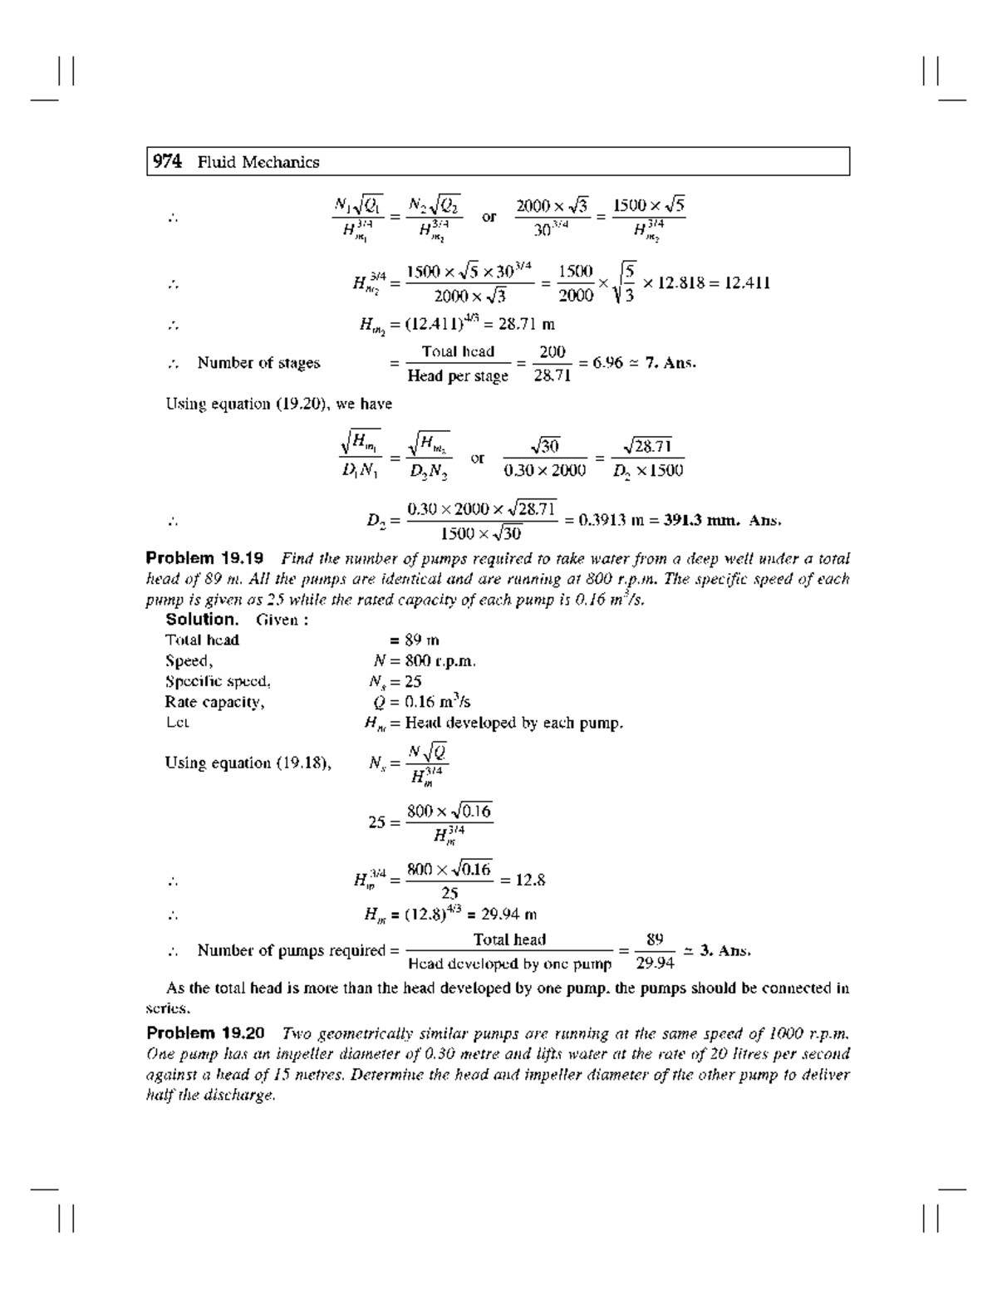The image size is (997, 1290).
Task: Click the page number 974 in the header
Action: pyautogui.click(x=166, y=162)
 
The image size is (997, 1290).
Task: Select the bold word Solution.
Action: pyautogui.click(x=202, y=620)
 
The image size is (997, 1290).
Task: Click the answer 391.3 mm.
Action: pyautogui.click(x=700, y=521)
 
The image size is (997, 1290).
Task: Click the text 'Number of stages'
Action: pyautogui.click(x=258, y=363)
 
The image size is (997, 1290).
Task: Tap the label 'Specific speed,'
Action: pyautogui.click(x=218, y=681)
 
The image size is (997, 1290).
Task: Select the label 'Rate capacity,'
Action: pyautogui.click(x=214, y=702)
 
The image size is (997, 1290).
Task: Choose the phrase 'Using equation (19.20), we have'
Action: pyautogui.click(x=278, y=405)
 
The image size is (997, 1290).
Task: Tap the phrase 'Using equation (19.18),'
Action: pyautogui.click(x=248, y=763)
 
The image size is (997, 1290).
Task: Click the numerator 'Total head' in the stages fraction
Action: pyautogui.click(x=458, y=351)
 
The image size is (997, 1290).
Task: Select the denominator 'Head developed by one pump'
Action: pyautogui.click(x=509, y=964)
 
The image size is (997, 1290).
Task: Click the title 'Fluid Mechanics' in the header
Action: pyautogui.click(x=258, y=163)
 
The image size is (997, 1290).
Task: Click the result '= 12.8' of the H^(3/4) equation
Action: pyautogui.click(x=523, y=880)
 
